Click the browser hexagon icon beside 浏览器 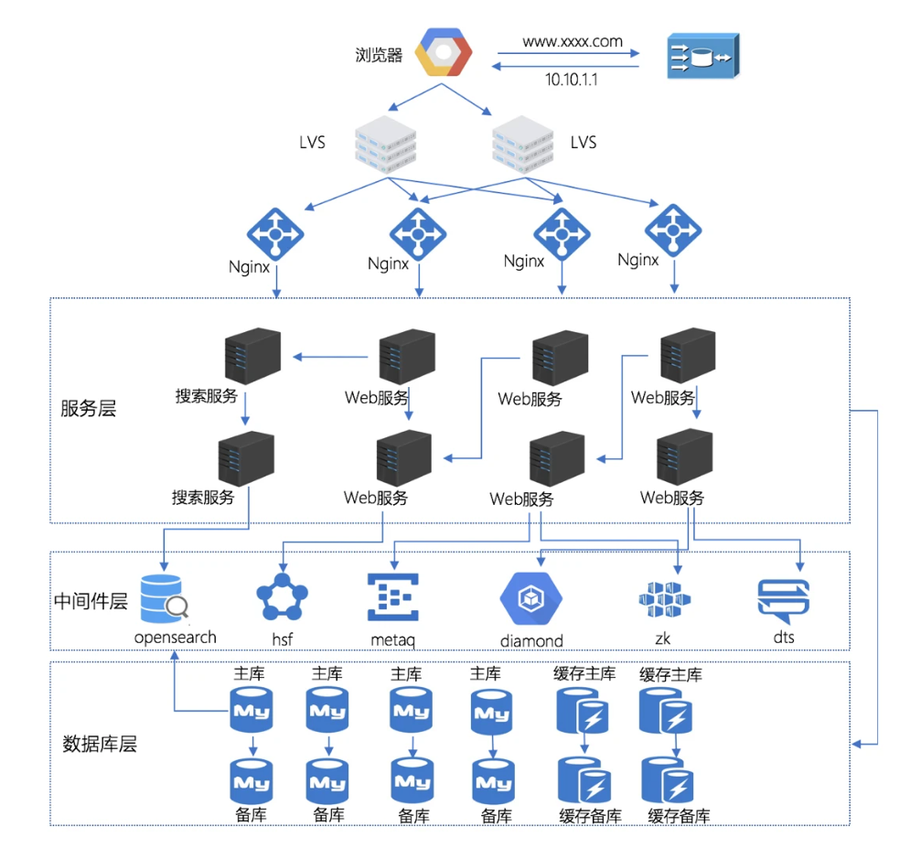pyautogui.click(x=443, y=52)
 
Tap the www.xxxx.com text pyautogui.click(x=573, y=41)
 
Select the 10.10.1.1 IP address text pyautogui.click(x=572, y=81)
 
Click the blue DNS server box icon pyautogui.click(x=701, y=57)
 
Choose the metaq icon pyautogui.click(x=391, y=596)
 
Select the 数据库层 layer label pyautogui.click(x=100, y=744)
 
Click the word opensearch pyautogui.click(x=176, y=637)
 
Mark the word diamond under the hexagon pyautogui.click(x=531, y=640)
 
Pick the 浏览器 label pyautogui.click(x=379, y=55)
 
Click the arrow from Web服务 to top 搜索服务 pyautogui.click(x=329, y=357)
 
